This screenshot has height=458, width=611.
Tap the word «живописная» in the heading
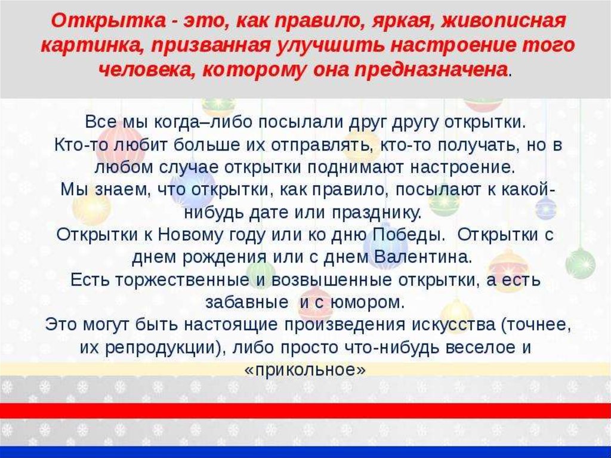502,21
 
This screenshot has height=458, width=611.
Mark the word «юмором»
368,303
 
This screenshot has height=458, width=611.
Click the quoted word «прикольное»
305,370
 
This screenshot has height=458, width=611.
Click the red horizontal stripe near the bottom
305,411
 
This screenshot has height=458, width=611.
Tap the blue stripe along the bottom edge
305,452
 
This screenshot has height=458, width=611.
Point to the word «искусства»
453,325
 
